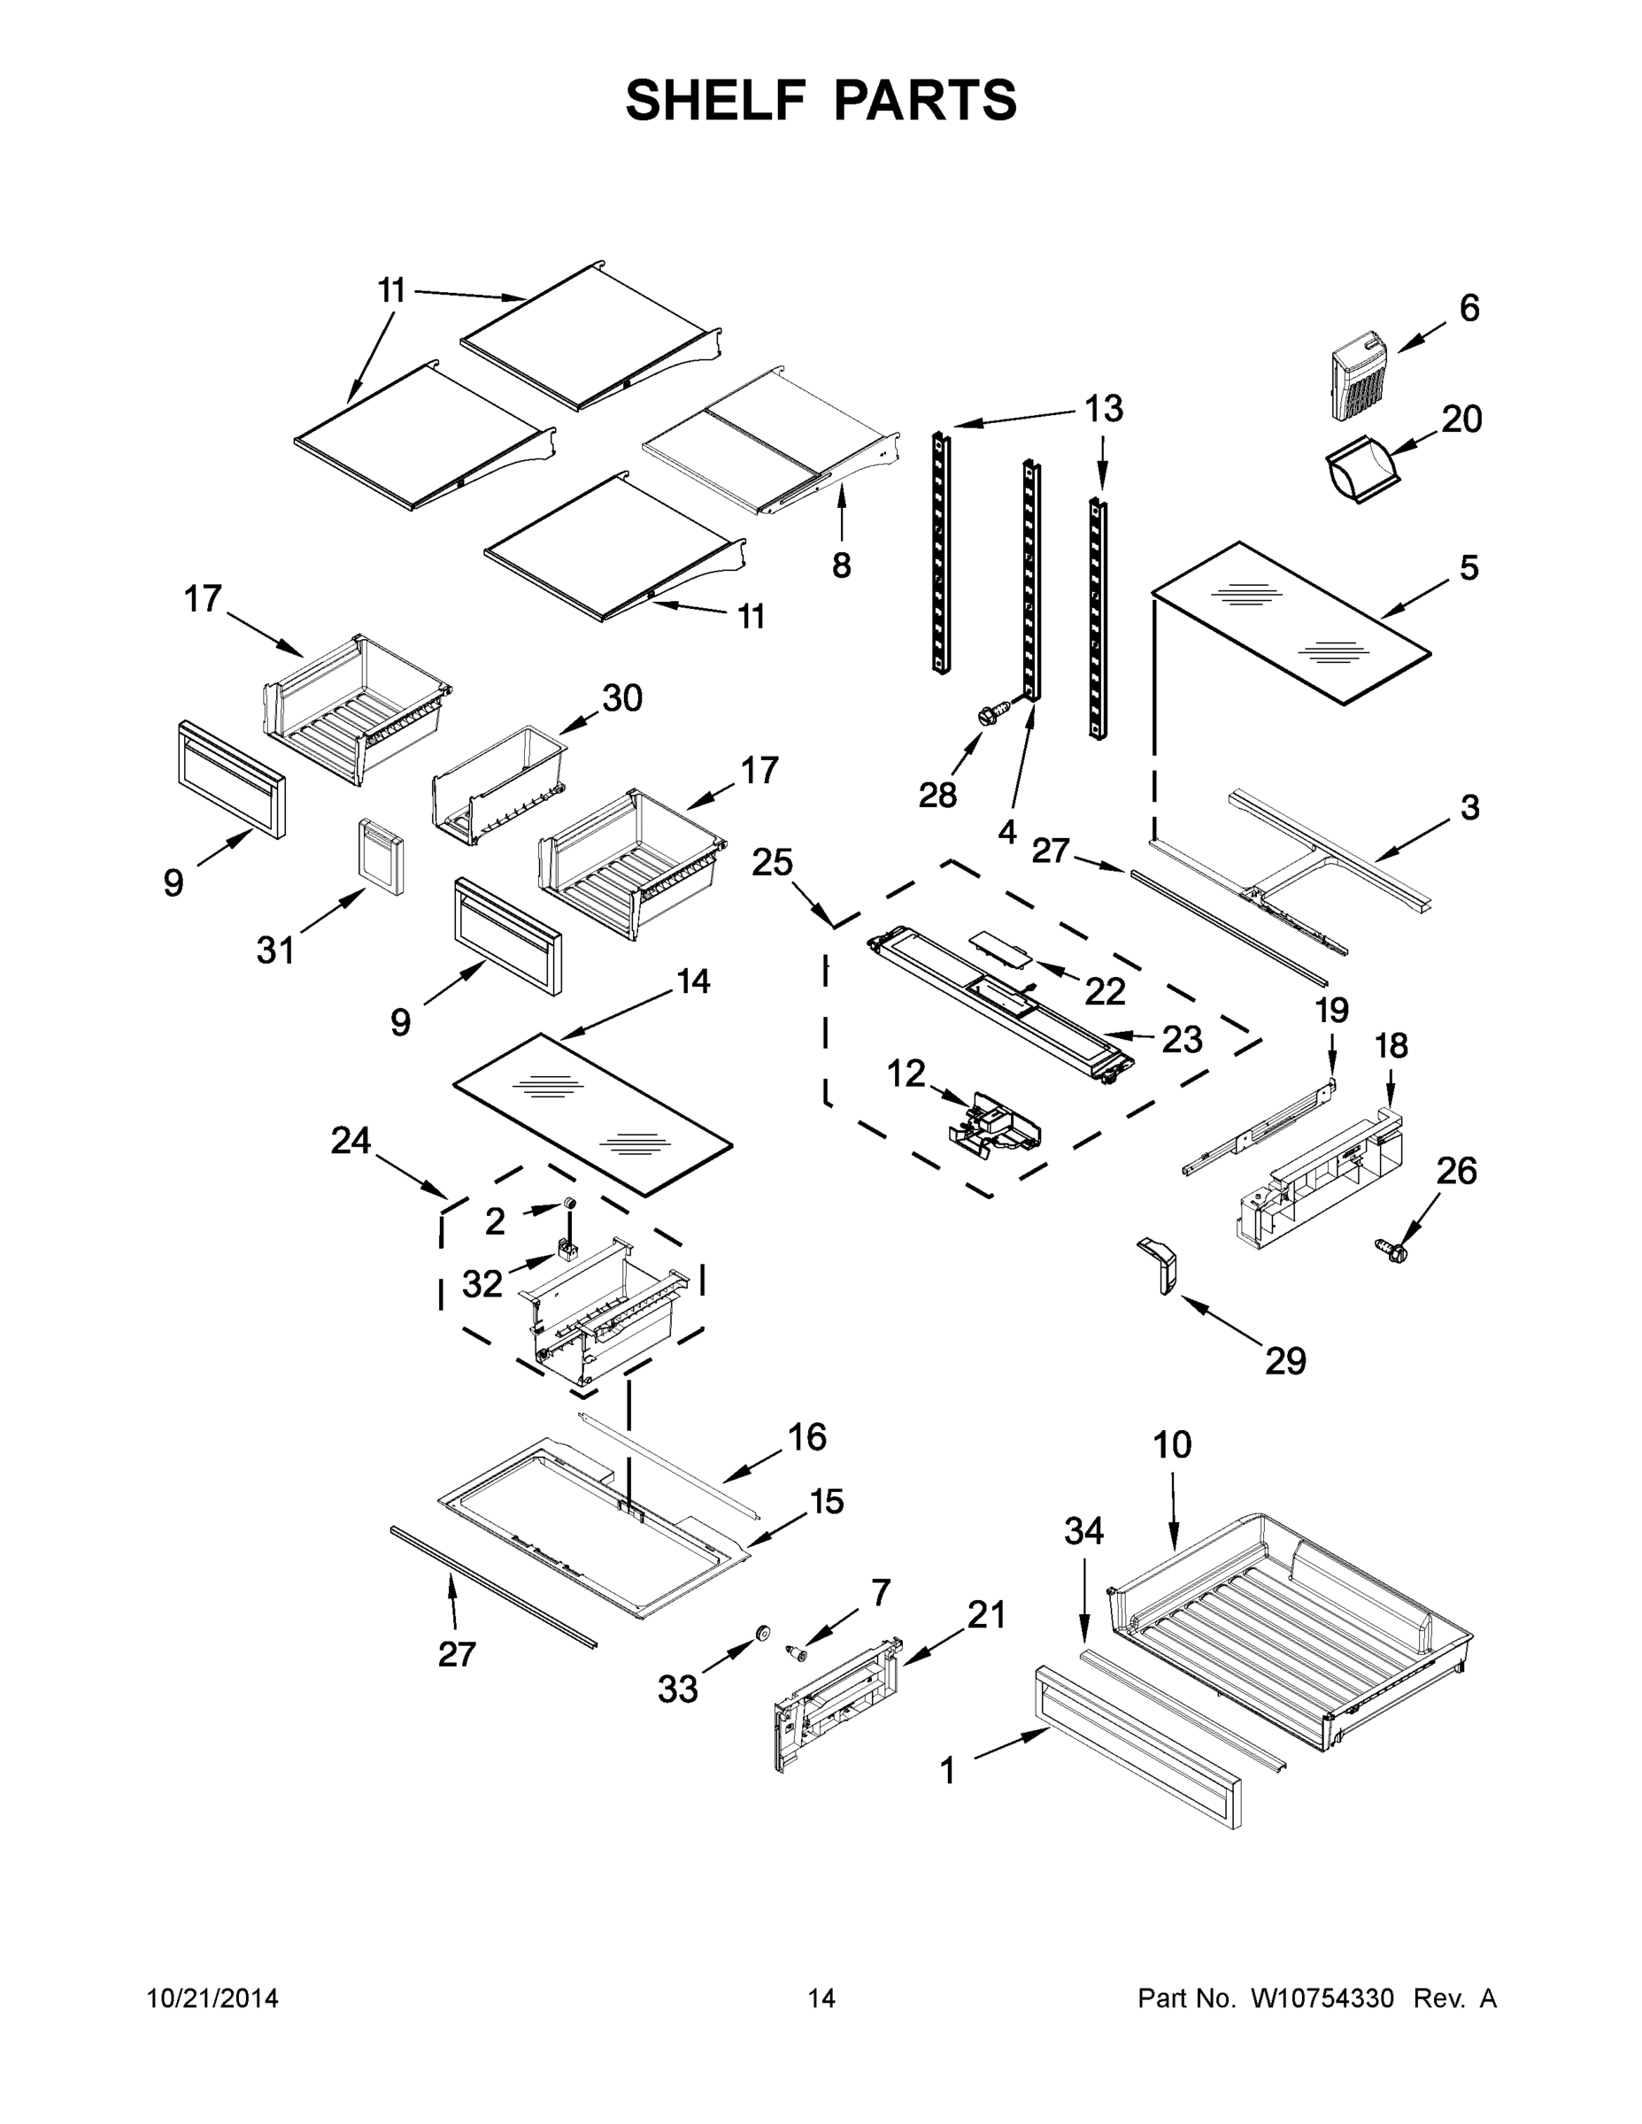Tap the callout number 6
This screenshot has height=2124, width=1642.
click(x=1469, y=308)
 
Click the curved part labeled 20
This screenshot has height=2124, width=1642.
click(x=1362, y=473)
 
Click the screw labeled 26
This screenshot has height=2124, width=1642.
click(x=1393, y=1251)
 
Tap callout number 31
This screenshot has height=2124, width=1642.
click(x=275, y=950)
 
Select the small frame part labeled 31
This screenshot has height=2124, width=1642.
click(x=381, y=855)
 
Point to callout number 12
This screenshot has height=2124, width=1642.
click(x=906, y=1074)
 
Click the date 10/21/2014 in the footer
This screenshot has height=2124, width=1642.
click(x=213, y=1998)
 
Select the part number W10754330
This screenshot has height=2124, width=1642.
click(x=1322, y=1998)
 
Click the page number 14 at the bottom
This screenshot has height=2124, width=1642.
click(x=821, y=1998)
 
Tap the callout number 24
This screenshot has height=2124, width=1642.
click(x=351, y=1140)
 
